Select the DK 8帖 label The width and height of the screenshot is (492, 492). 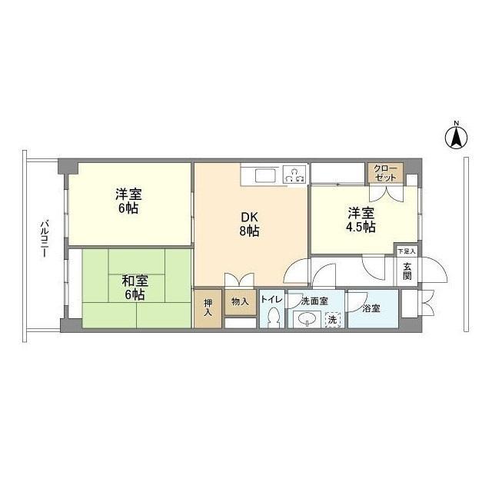(248, 222)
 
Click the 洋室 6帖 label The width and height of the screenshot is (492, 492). (128, 201)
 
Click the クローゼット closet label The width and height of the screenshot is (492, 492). (385, 173)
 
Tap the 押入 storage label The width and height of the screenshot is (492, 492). (208, 307)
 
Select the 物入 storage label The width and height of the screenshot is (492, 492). (240, 301)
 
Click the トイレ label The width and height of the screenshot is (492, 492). (271, 300)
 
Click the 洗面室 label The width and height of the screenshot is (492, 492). (315, 301)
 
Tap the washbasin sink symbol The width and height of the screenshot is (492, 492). (305, 318)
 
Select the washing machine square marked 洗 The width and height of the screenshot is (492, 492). (332, 319)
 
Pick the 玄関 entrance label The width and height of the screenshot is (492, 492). (407, 271)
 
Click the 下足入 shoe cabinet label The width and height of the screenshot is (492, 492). (406, 251)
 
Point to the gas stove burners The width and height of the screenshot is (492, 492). (293, 175)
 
